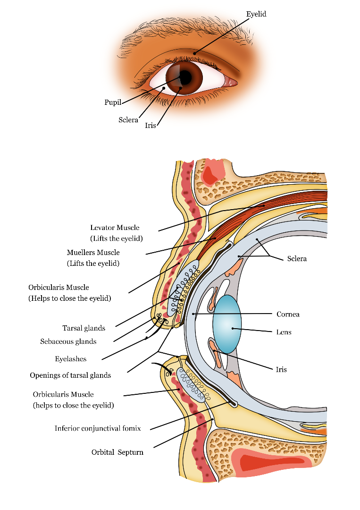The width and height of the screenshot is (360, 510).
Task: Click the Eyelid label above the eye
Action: click(256, 14)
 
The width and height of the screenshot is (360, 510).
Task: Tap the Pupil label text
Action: click(113, 102)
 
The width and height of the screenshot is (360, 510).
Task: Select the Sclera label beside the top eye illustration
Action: click(128, 120)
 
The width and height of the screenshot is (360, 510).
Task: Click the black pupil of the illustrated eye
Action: click(186, 76)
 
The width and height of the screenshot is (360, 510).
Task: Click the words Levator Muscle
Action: click(115, 228)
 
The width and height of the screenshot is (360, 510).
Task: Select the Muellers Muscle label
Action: click(93, 253)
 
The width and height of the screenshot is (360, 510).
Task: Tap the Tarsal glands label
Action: click(84, 328)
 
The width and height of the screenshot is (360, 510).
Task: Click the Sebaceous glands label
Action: click(68, 341)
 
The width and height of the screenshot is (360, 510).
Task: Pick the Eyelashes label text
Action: click(70, 359)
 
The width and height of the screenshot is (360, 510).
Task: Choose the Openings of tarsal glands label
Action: click(70, 375)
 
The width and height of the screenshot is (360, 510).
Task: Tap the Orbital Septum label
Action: click(117, 452)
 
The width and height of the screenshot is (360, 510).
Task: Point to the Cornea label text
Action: click(288, 314)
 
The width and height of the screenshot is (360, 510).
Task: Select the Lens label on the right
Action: click(284, 332)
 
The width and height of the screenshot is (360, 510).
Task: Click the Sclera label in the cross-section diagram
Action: click(297, 259)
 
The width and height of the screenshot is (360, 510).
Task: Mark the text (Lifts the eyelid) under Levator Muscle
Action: click(116, 238)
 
